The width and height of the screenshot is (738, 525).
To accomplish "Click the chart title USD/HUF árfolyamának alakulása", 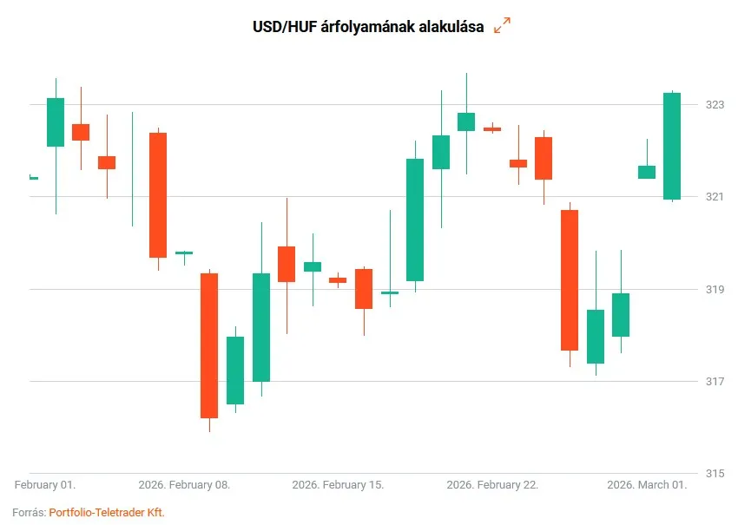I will [x=368, y=26].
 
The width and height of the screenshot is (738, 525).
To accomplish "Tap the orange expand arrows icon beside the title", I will [x=502, y=26].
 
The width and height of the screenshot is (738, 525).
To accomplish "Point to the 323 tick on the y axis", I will [x=715, y=104].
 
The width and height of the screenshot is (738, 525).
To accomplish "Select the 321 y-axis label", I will [x=715, y=197].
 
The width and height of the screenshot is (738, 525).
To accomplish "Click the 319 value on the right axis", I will [x=715, y=289].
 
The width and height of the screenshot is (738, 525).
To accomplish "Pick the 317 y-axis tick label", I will [x=715, y=381].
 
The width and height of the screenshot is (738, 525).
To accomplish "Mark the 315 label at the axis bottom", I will [x=715, y=474].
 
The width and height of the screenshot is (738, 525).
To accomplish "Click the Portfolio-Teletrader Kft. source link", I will [x=107, y=513].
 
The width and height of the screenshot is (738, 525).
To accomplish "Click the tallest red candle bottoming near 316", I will [x=209, y=345].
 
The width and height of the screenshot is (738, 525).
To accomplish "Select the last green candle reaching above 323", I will [x=672, y=146].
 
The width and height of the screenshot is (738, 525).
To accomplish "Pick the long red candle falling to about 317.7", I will [x=570, y=279].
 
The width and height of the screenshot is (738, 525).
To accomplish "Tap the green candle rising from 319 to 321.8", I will [x=415, y=220].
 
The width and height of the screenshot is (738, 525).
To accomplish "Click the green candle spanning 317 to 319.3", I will [x=261, y=327].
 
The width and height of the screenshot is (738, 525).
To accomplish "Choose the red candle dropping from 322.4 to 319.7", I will [x=158, y=195].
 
